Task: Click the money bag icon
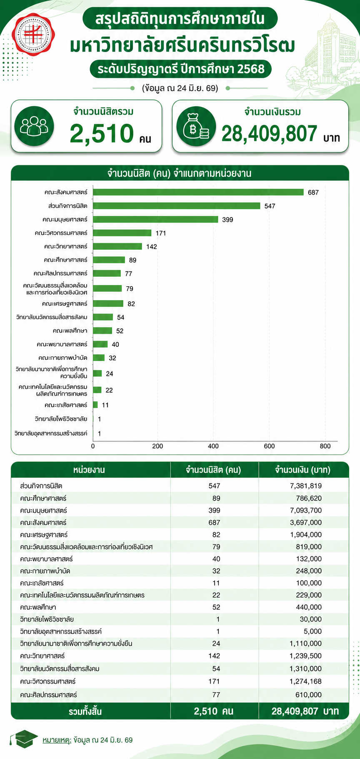click(196, 126)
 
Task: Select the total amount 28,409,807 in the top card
click(270, 133)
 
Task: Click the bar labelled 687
click(198, 192)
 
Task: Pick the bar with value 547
click(177, 205)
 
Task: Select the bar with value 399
click(155, 219)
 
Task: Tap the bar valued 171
click(122, 233)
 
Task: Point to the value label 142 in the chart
click(152, 247)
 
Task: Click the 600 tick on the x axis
click(269, 446)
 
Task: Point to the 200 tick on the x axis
click(157, 446)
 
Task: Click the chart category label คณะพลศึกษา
click(70, 331)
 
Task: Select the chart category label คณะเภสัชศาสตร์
click(66, 405)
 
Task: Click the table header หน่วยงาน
click(89, 470)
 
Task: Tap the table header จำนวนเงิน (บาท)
click(303, 470)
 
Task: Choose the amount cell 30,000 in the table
click(311, 619)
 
